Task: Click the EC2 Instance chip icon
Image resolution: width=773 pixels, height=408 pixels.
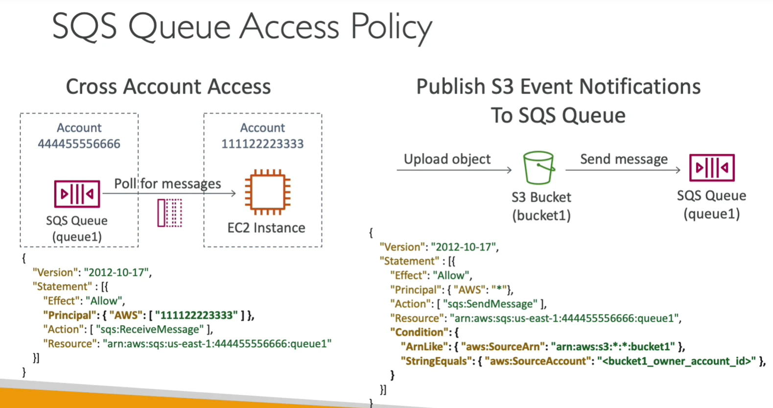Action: (x=268, y=192)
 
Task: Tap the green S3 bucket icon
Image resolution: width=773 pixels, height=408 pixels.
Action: (x=539, y=168)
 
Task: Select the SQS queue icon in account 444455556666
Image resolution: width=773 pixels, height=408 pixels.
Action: (x=77, y=194)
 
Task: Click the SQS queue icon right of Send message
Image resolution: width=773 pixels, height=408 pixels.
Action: (x=712, y=168)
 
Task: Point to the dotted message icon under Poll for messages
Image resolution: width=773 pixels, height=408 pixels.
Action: (x=169, y=213)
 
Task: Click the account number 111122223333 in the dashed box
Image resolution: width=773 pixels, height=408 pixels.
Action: (x=262, y=144)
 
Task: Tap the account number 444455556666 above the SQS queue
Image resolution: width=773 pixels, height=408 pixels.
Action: (x=79, y=144)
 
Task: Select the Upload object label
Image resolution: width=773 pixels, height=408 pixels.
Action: (x=447, y=159)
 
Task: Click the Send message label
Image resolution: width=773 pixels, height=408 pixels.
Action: (x=624, y=159)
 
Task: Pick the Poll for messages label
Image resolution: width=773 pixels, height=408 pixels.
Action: (x=167, y=184)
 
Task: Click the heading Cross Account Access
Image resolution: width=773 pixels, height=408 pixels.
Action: (x=168, y=86)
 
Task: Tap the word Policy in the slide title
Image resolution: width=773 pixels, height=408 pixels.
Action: (x=391, y=27)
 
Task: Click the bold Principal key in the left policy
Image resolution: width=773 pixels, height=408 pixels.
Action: (x=70, y=315)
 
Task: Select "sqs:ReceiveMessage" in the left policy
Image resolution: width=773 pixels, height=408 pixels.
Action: (x=150, y=329)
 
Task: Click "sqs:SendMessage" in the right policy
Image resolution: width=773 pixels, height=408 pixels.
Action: (x=490, y=304)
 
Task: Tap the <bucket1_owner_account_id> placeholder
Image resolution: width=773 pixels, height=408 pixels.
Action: (x=677, y=361)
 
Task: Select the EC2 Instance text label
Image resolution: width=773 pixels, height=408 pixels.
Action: (x=266, y=228)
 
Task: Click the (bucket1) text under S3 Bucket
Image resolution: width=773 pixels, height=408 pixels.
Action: (x=541, y=216)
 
